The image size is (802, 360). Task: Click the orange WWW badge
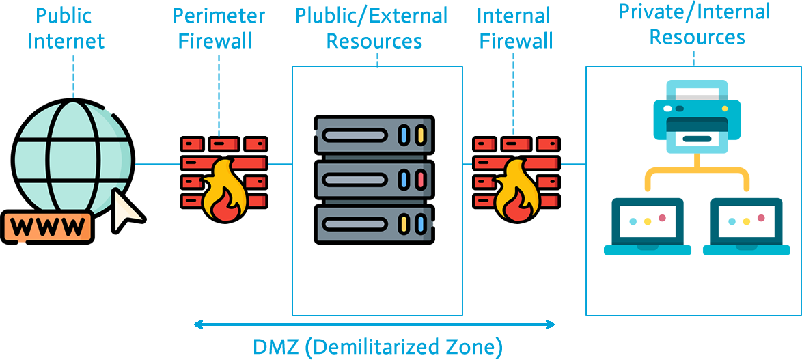click(x=47, y=225)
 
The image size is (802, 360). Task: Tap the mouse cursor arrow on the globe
click(x=126, y=209)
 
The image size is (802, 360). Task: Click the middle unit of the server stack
click(x=374, y=180)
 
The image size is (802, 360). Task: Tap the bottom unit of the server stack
click(x=374, y=223)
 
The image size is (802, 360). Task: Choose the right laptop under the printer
click(x=746, y=226)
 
